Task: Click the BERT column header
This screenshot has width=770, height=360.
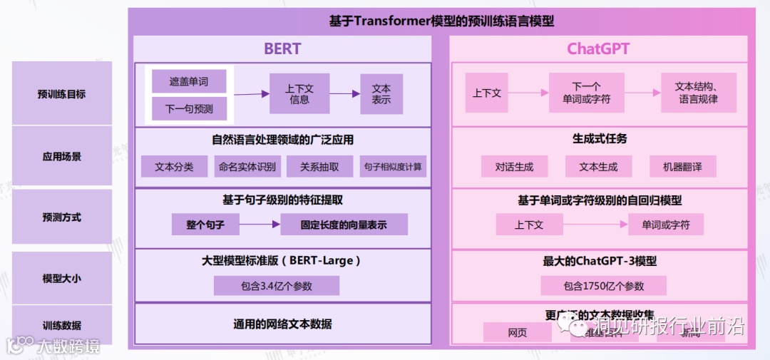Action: click(x=282, y=48)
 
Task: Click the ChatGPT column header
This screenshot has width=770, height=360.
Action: click(x=598, y=48)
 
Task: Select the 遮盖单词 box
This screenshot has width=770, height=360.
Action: click(x=189, y=81)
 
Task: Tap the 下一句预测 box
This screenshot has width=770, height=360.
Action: click(x=189, y=109)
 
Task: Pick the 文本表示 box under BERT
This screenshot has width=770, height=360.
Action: click(x=381, y=94)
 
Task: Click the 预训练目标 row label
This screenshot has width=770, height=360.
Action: click(x=62, y=93)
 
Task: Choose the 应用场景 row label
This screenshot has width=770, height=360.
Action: click(x=62, y=156)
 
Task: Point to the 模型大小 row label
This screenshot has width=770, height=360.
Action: click(x=62, y=279)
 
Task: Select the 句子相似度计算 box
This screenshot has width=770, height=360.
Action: click(x=392, y=167)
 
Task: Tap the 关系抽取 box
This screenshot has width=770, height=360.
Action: click(x=319, y=167)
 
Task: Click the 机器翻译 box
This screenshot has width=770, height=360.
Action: click(x=682, y=167)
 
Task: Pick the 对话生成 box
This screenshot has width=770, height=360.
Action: click(x=514, y=167)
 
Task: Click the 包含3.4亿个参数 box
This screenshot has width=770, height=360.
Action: click(x=277, y=286)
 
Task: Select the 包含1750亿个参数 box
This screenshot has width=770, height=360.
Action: click(x=603, y=286)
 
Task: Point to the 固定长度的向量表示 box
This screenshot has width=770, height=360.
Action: click(x=344, y=225)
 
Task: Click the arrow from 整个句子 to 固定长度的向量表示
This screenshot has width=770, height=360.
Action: click(x=260, y=225)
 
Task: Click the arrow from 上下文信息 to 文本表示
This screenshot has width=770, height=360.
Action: click(x=345, y=94)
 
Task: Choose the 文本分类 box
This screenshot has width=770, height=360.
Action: click(x=174, y=167)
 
